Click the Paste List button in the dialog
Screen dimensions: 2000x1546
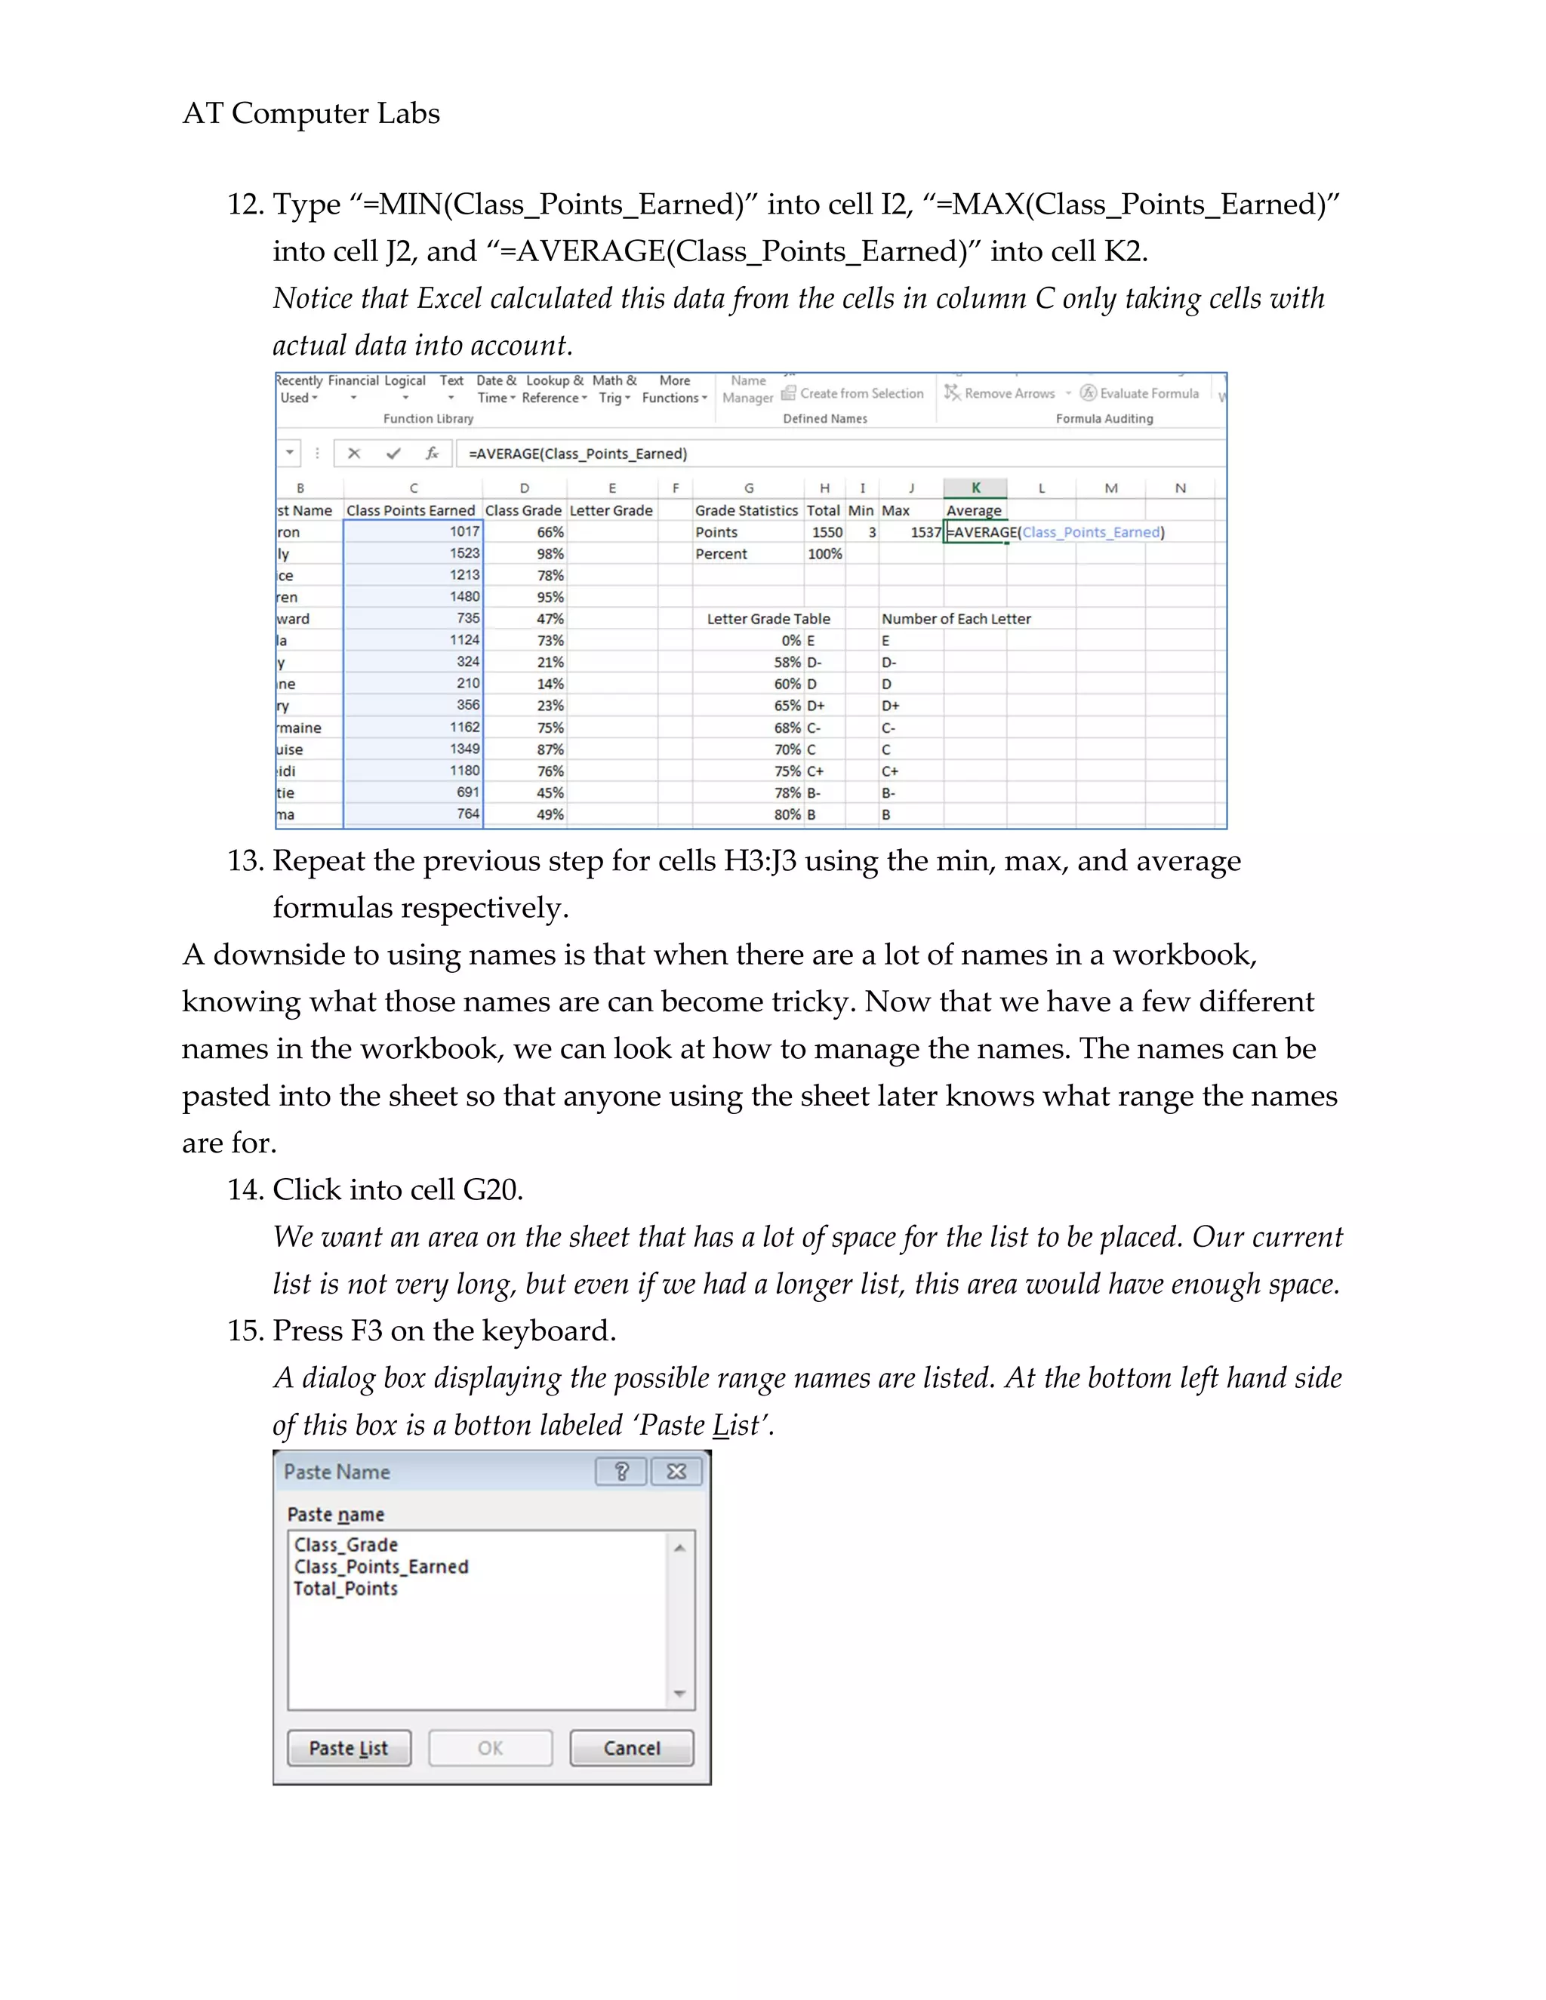point(348,1747)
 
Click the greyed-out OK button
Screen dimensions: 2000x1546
point(490,1747)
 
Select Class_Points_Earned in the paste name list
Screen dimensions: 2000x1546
point(381,1566)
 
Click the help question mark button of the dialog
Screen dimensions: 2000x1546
point(621,1471)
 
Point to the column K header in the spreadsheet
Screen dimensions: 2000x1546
point(975,488)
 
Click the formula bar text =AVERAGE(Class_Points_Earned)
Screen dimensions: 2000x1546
point(577,454)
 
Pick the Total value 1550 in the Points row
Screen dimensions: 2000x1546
point(826,532)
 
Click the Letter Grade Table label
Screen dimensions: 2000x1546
point(768,619)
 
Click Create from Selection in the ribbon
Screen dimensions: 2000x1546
point(861,393)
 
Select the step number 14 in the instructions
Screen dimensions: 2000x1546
point(245,1189)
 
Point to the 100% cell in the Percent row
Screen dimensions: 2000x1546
point(824,554)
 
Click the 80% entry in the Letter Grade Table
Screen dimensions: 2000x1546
point(787,814)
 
